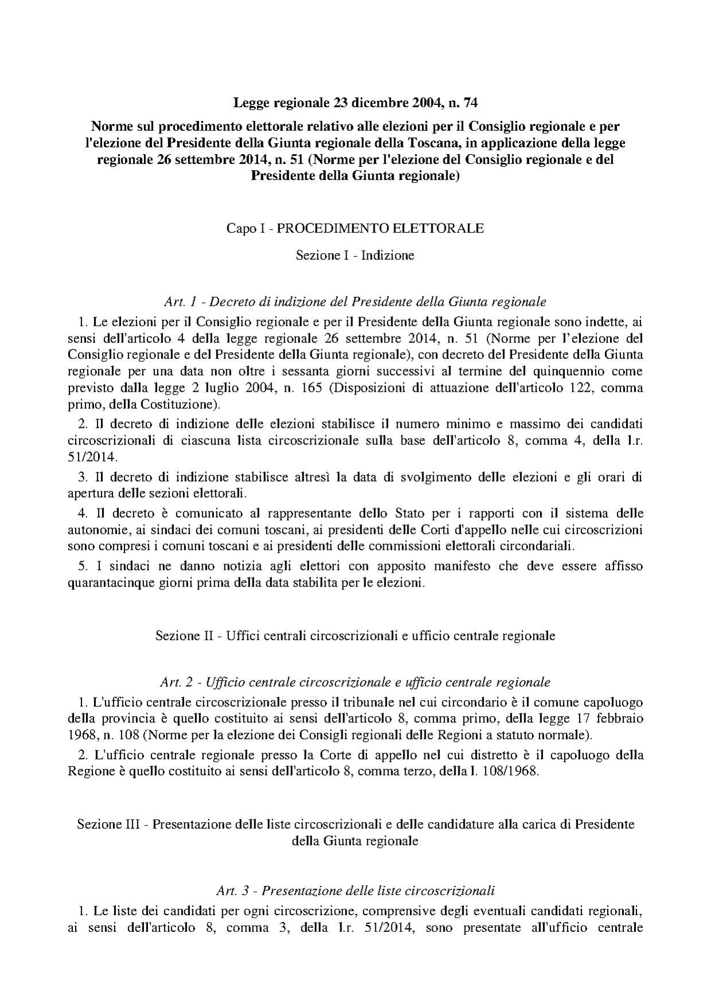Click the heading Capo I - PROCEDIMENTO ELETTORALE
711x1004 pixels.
click(x=355, y=228)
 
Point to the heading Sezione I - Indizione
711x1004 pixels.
click(x=355, y=255)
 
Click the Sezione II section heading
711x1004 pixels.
click(x=355, y=636)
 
